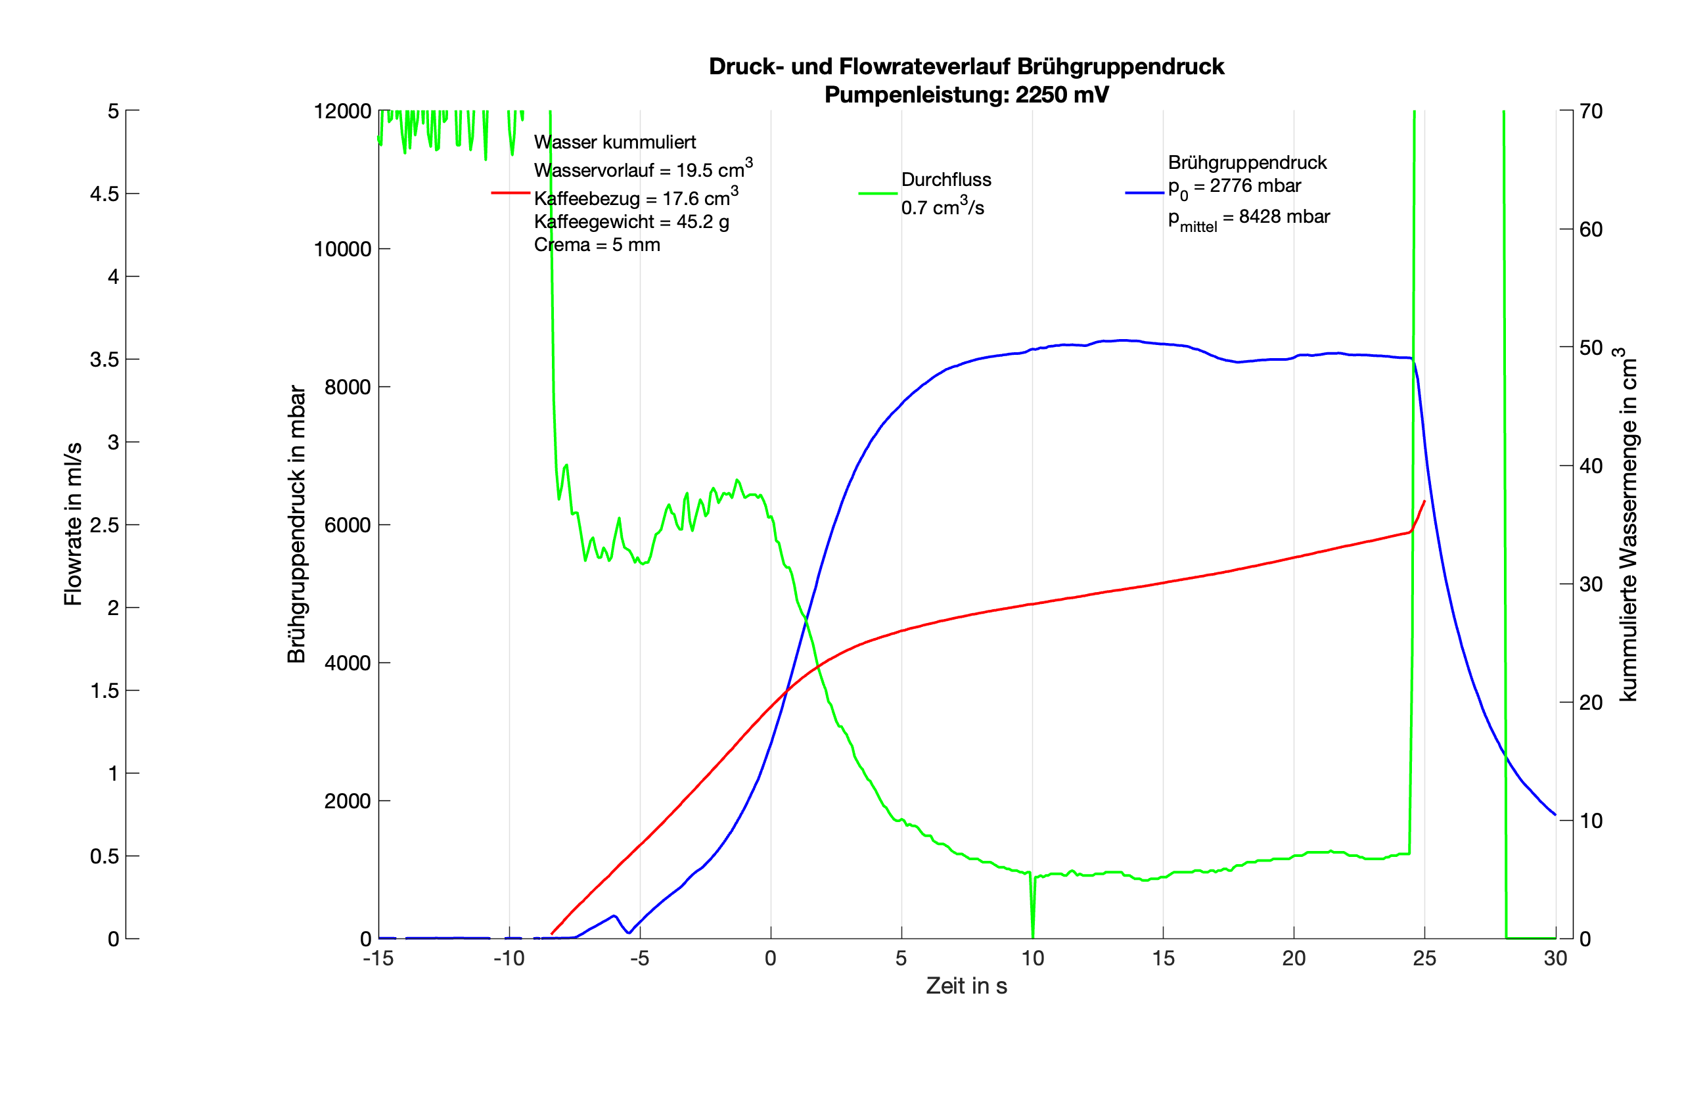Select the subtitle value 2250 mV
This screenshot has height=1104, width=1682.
[x=1062, y=95]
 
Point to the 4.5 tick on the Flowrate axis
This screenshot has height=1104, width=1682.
[x=104, y=194]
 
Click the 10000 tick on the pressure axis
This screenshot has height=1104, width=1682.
[x=342, y=249]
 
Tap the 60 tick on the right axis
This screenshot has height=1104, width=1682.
[x=1591, y=229]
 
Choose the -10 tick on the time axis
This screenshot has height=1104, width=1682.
[x=509, y=958]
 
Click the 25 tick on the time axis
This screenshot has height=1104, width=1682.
[x=1424, y=958]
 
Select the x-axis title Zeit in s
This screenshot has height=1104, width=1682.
[x=966, y=986]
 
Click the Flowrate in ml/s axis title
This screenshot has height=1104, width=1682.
[x=73, y=524]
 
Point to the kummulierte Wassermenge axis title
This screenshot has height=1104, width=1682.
[x=1628, y=524]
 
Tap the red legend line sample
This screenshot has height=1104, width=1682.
[x=511, y=193]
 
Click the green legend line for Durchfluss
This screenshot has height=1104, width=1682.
[x=878, y=193]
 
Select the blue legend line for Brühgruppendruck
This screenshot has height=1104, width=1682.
[x=1144, y=193]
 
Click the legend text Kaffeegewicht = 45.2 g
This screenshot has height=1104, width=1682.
[x=631, y=222]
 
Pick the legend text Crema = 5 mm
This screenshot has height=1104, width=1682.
[x=597, y=245]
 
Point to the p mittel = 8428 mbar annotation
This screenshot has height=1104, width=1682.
[x=1248, y=218]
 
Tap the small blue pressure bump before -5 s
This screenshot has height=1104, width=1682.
[x=614, y=916]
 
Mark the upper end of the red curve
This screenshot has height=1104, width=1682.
[x=1423, y=501]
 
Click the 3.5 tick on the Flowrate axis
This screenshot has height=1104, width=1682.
[x=104, y=359]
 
